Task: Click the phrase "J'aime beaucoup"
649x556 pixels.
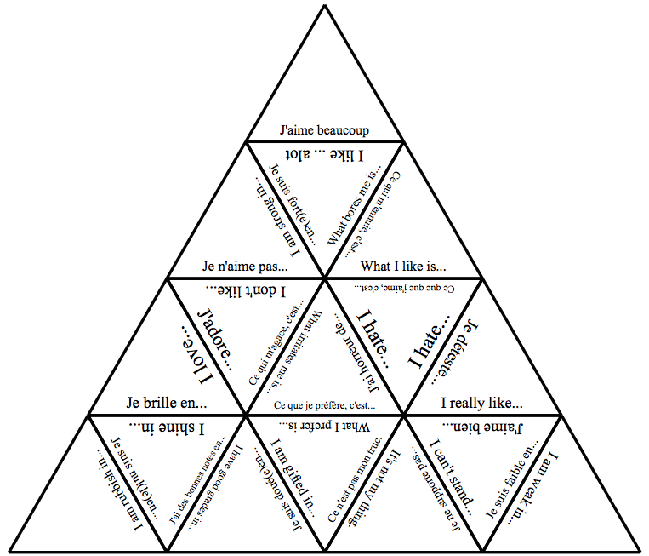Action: click(324, 130)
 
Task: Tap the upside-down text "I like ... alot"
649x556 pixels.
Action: click(324, 153)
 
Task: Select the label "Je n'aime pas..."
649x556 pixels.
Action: click(245, 265)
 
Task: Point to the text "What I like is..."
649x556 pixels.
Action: click(403, 265)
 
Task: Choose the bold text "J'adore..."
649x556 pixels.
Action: click(214, 339)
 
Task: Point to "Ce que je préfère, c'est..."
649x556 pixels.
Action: click(325, 405)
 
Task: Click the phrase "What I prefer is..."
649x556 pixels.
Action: click(325, 425)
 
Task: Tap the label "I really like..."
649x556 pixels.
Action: click(481, 403)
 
